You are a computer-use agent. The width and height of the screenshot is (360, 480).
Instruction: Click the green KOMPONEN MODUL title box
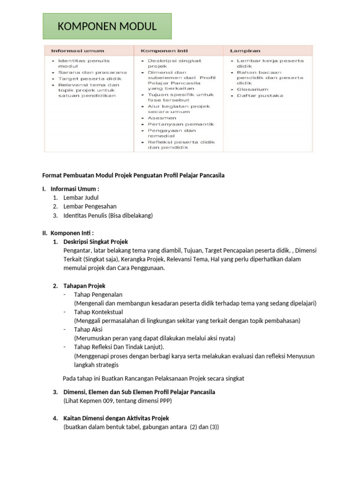click(107, 26)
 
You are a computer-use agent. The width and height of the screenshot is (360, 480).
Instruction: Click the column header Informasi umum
click(78, 51)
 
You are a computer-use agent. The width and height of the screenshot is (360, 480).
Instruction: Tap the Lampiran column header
click(245, 51)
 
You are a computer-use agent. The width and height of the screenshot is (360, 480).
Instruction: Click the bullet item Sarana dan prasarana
click(92, 73)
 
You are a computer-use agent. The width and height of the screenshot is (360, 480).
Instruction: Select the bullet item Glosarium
click(253, 89)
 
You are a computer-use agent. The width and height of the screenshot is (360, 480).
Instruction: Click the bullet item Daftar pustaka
click(260, 96)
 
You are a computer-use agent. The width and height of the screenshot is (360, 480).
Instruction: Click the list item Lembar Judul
click(81, 197)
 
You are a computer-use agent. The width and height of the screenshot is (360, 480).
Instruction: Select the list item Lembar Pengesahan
click(90, 206)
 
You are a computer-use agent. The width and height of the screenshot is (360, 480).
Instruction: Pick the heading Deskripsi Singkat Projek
click(96, 242)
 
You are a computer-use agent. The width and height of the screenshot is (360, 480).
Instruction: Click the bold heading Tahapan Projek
click(84, 286)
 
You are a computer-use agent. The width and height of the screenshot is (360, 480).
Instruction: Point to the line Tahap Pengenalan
click(98, 294)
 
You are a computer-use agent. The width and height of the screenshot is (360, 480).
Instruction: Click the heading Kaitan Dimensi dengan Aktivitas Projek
click(116, 418)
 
